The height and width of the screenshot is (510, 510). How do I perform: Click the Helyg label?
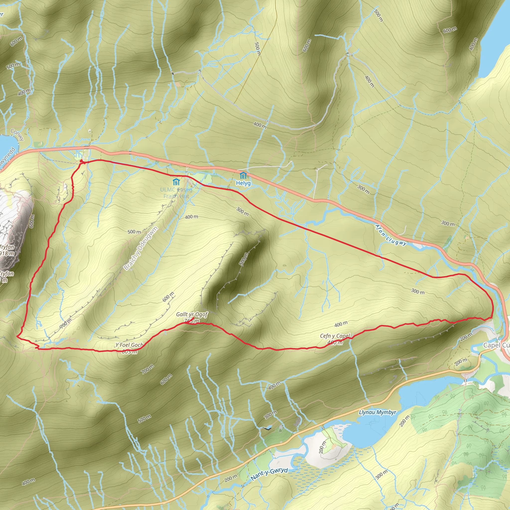(243, 183)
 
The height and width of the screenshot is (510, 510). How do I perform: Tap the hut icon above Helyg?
(243, 175)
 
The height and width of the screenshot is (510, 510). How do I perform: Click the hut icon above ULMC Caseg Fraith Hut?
(176, 182)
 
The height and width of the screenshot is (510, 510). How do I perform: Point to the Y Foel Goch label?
(129, 345)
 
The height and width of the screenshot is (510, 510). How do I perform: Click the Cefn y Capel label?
(335, 336)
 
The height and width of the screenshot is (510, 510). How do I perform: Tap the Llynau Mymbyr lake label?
(378, 412)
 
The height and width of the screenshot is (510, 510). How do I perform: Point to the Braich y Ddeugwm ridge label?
(141, 248)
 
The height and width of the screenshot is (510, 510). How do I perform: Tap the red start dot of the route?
(81, 161)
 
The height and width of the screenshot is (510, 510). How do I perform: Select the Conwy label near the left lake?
(17, 135)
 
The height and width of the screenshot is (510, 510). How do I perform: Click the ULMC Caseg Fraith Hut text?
(176, 193)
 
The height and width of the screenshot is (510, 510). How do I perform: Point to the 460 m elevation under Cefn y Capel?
(335, 342)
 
